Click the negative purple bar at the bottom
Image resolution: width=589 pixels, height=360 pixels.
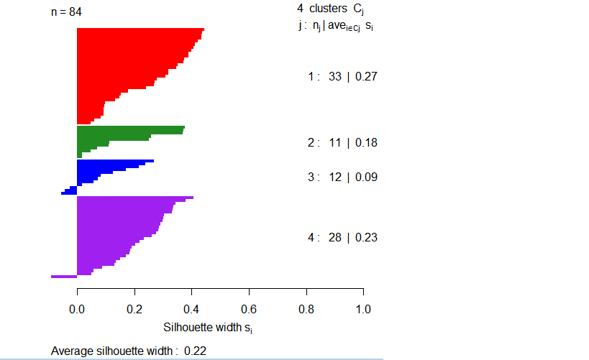pos(63,276)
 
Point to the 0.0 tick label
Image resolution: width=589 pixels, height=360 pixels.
pos(77,310)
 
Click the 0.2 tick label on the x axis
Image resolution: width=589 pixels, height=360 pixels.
pos(134,310)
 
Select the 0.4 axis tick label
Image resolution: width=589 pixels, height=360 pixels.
pos(191,310)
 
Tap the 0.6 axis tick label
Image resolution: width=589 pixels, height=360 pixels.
pos(249,310)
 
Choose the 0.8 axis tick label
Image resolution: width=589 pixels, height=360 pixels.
pos(306,310)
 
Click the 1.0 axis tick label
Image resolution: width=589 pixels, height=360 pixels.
pos(363,310)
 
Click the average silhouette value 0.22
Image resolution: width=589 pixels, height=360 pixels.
pos(196,351)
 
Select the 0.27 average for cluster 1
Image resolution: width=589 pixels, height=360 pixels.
pos(366,77)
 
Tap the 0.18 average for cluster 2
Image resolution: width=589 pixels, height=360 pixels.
pos(366,143)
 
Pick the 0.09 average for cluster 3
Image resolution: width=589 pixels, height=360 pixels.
pos(366,177)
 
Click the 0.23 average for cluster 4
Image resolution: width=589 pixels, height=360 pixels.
pos(366,238)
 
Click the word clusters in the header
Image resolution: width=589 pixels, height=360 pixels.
pos(328,9)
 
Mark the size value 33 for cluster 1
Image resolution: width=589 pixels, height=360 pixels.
pos(335,77)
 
